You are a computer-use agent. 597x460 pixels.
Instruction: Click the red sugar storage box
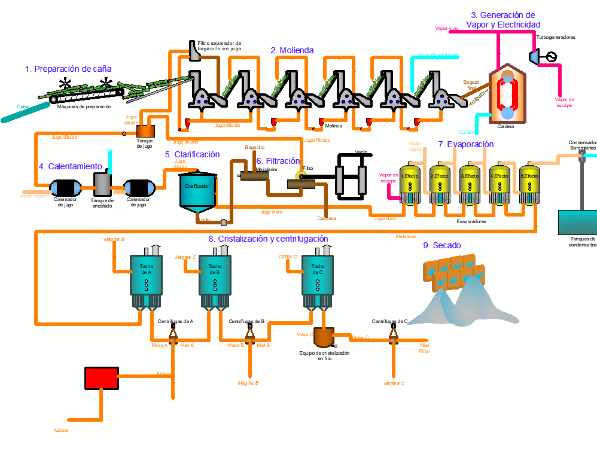(x=102, y=378)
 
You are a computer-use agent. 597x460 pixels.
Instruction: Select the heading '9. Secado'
(x=443, y=245)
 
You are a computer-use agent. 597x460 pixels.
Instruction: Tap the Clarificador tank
(x=198, y=191)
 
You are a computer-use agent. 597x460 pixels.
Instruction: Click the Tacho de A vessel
(x=147, y=275)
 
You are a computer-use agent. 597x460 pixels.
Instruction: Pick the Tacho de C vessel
(x=318, y=275)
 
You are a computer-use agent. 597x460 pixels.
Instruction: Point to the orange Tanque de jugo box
(x=145, y=130)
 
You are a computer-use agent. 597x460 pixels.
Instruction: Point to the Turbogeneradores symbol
(x=541, y=56)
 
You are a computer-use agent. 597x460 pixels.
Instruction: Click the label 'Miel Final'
(x=425, y=348)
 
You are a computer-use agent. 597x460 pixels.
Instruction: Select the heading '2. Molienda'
(x=292, y=51)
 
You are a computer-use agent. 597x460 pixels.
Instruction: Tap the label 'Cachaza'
(x=327, y=218)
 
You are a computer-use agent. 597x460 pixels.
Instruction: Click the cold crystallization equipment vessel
(x=324, y=337)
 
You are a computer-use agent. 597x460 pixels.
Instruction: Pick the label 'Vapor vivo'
(x=446, y=28)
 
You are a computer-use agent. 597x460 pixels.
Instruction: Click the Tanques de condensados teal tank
(x=577, y=222)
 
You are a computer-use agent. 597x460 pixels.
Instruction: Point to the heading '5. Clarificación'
(x=193, y=154)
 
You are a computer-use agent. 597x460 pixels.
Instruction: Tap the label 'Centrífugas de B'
(x=246, y=321)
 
